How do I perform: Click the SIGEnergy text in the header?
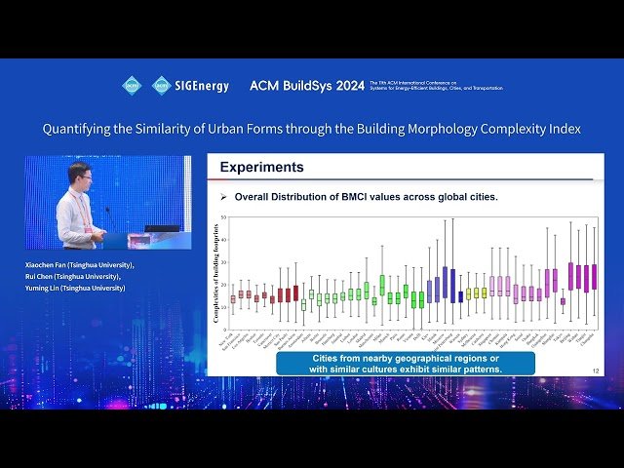pyautogui.click(x=201, y=86)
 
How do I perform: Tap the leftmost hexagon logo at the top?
pyautogui.click(x=132, y=85)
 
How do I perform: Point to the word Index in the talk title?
pyautogui.click(x=563, y=128)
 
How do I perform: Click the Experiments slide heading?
pyautogui.click(x=261, y=168)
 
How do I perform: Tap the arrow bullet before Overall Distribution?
pyautogui.click(x=222, y=197)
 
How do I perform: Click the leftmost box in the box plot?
pyautogui.click(x=233, y=299)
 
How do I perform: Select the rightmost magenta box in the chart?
pyautogui.click(x=594, y=276)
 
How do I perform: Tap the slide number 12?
pyautogui.click(x=596, y=370)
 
